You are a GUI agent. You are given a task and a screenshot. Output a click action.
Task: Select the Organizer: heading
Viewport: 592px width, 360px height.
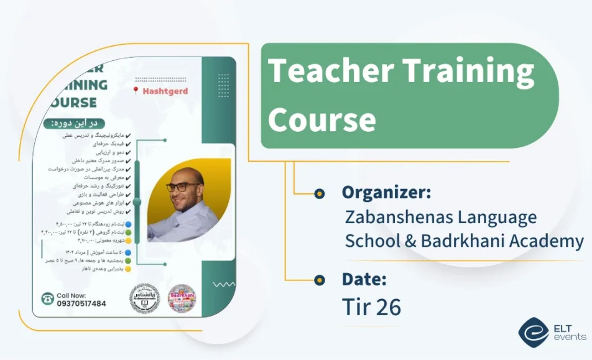coord(386,193)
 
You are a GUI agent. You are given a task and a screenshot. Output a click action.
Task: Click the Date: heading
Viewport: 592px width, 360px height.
coord(364,279)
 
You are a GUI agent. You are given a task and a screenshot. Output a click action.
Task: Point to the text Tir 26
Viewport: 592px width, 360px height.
coord(371,307)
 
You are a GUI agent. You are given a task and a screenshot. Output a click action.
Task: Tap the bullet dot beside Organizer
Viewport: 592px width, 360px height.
coord(320,193)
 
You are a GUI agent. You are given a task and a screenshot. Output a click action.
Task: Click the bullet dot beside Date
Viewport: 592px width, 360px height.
coord(320,280)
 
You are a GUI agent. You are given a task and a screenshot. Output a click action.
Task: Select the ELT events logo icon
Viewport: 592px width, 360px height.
coord(533,331)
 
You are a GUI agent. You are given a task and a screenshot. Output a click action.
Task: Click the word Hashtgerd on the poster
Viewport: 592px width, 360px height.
coord(165,91)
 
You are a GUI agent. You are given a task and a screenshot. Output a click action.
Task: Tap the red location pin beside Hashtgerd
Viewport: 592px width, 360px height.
coord(136,91)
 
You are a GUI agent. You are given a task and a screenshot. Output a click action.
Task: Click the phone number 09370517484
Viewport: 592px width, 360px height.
coord(81,303)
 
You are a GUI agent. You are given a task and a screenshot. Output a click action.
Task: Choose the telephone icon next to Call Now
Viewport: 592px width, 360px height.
coord(47,299)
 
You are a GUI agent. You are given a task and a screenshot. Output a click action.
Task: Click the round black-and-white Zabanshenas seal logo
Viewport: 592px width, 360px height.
coord(144,298)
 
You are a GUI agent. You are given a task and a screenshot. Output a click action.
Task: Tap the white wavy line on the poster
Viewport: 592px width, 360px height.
coord(223,285)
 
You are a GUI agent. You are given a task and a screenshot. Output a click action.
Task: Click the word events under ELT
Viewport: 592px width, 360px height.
coord(569,337)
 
